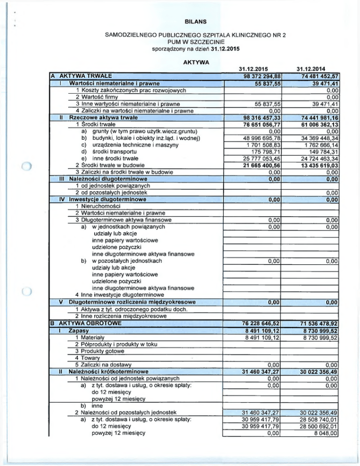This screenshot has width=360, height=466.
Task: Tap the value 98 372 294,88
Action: tap(256, 76)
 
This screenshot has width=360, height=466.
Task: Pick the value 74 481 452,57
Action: tap(315, 76)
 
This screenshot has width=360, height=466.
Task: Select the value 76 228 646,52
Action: tap(256, 323)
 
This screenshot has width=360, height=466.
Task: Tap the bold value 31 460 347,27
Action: tap(256, 371)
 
